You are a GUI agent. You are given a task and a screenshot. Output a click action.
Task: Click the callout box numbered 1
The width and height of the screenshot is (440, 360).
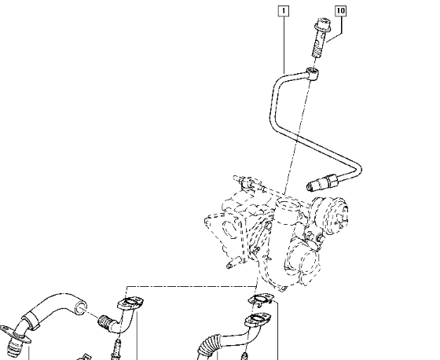point(284,11)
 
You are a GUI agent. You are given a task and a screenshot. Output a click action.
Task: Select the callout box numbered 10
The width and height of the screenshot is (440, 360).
point(340,11)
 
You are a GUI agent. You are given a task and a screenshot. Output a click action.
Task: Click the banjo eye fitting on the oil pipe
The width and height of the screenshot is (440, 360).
point(313,73)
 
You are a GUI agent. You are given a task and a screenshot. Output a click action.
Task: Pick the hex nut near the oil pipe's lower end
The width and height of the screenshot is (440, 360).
point(331,180)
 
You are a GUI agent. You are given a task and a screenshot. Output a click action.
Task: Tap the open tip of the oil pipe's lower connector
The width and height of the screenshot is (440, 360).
point(310,187)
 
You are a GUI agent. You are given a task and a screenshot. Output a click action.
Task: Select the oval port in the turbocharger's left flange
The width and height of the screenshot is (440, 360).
point(229,230)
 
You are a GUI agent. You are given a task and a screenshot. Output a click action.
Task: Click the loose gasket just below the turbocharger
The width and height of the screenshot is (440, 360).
point(261,299)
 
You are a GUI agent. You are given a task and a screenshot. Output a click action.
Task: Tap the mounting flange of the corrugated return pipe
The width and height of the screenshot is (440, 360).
point(258,319)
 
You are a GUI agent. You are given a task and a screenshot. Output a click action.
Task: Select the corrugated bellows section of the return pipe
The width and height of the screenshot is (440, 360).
point(207,345)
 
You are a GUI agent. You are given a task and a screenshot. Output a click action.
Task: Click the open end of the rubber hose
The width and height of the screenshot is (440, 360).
point(80,308)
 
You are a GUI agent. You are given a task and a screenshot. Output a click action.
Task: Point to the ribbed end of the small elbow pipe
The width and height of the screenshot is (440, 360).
point(104,321)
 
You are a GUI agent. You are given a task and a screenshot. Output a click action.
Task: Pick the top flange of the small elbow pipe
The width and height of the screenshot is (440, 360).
point(130,303)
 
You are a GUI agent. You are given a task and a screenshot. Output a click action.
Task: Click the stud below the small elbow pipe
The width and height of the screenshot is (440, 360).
point(117,349)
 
